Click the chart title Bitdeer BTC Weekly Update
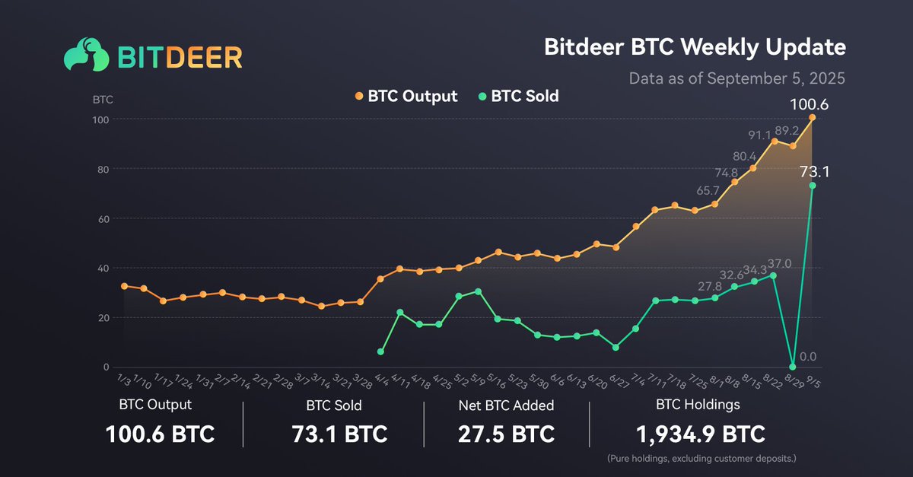[695, 47]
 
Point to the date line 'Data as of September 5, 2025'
[736, 78]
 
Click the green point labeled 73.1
[813, 186]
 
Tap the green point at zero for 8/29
[794, 367]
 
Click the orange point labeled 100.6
[813, 117]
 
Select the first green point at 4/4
[380, 351]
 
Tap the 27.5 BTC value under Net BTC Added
[506, 434]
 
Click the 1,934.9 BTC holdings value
[700, 434]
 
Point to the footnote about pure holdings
[701, 459]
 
